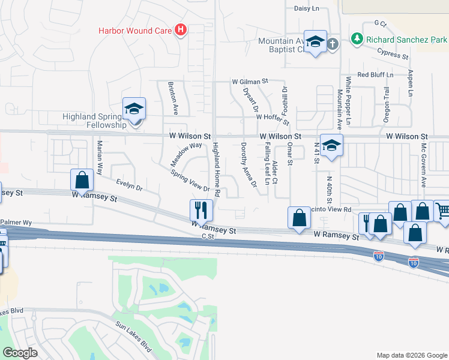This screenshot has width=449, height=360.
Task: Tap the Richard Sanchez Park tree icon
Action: [x=357, y=39]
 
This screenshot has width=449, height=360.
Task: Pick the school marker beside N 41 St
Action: [x=331, y=146]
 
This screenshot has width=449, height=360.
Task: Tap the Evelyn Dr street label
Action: [x=130, y=187]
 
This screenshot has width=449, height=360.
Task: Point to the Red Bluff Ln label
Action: [x=375, y=75]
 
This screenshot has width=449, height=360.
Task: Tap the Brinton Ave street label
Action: [x=174, y=99]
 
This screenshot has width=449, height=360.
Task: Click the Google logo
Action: [x=20, y=353]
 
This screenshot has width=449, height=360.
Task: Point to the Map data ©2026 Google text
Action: [x=412, y=355]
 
